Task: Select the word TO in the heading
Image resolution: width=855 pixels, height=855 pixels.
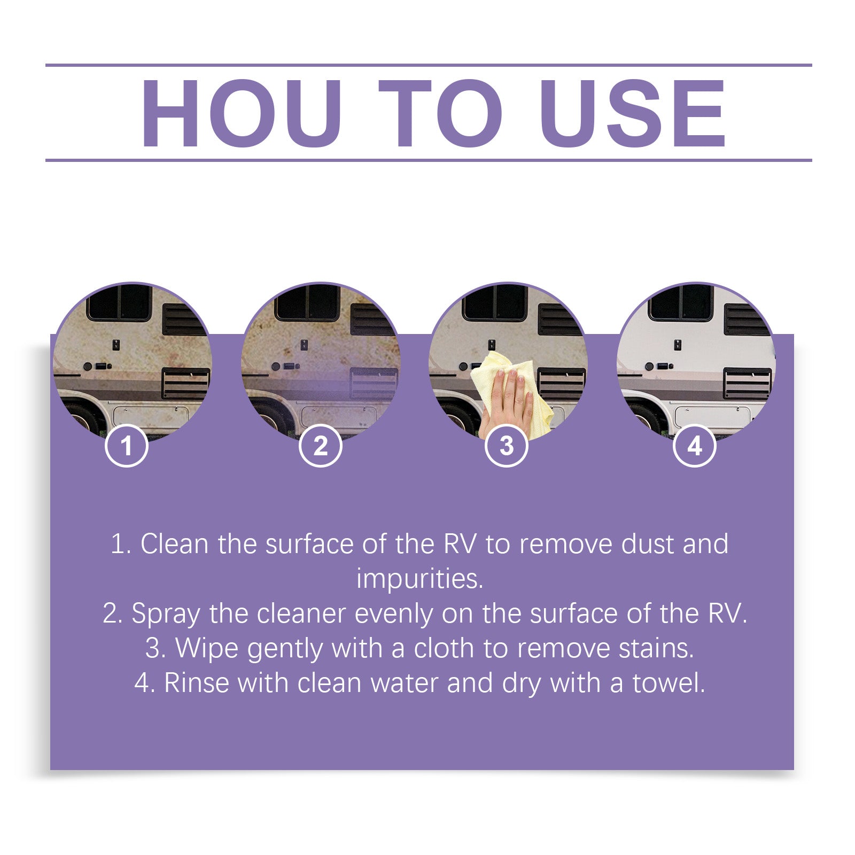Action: click(440, 113)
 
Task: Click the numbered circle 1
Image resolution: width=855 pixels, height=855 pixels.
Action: click(126, 446)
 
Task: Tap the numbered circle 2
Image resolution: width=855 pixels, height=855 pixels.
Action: click(320, 446)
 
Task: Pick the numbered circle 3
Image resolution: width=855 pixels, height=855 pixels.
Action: click(506, 446)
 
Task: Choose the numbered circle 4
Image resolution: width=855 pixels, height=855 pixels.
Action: click(694, 446)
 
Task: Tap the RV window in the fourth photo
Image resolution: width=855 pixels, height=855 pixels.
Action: click(680, 302)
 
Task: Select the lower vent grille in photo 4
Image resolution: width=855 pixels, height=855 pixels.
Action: click(747, 383)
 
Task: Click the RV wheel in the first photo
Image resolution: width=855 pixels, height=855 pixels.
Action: click(80, 417)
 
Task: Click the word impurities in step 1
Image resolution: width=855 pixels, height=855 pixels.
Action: click(419, 579)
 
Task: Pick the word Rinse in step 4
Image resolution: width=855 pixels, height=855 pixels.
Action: click(196, 683)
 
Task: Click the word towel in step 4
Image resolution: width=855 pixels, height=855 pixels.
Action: click(668, 683)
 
